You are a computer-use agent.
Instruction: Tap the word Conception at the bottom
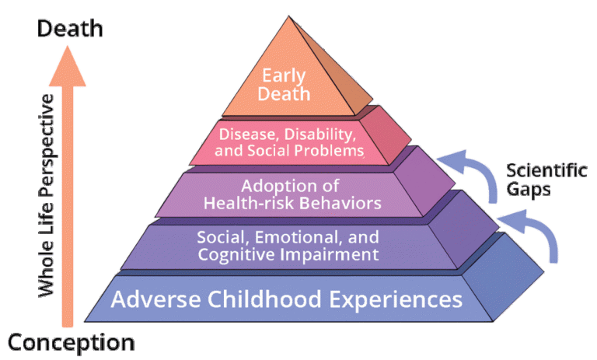tap(71, 341)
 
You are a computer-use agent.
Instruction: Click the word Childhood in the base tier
tap(286, 299)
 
